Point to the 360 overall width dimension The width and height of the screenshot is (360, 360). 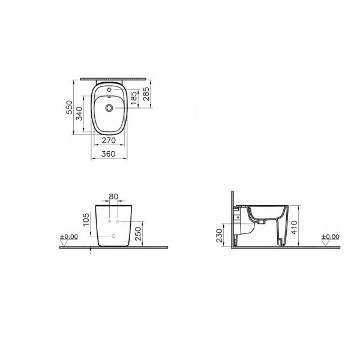point(109,154)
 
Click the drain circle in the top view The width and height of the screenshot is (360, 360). point(109,108)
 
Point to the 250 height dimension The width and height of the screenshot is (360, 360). point(140,232)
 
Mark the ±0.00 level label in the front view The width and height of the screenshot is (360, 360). point(70,237)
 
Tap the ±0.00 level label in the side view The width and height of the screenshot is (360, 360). point(331,237)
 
